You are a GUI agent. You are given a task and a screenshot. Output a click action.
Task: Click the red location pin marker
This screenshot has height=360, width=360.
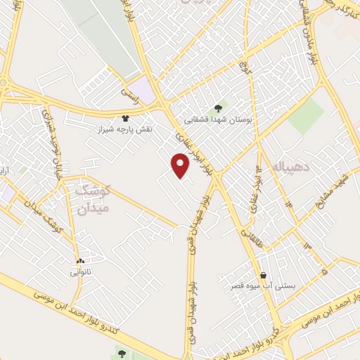point(181,166)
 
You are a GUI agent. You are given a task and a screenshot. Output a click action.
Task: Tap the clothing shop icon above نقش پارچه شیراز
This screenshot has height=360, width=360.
point(125,118)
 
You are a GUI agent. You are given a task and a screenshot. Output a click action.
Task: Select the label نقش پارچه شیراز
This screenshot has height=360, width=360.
point(125,130)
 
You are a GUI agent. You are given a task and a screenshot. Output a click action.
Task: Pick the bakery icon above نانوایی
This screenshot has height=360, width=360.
point(80,259)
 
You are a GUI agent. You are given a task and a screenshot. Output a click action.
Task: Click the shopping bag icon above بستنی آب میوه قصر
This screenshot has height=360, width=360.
point(263,275)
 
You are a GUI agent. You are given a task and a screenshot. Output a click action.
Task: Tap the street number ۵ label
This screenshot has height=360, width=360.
point(323,271)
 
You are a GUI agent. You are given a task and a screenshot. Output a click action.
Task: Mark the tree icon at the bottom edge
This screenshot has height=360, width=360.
point(122,354)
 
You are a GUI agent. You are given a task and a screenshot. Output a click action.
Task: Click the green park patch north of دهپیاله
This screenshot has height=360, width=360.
point(306,116)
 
